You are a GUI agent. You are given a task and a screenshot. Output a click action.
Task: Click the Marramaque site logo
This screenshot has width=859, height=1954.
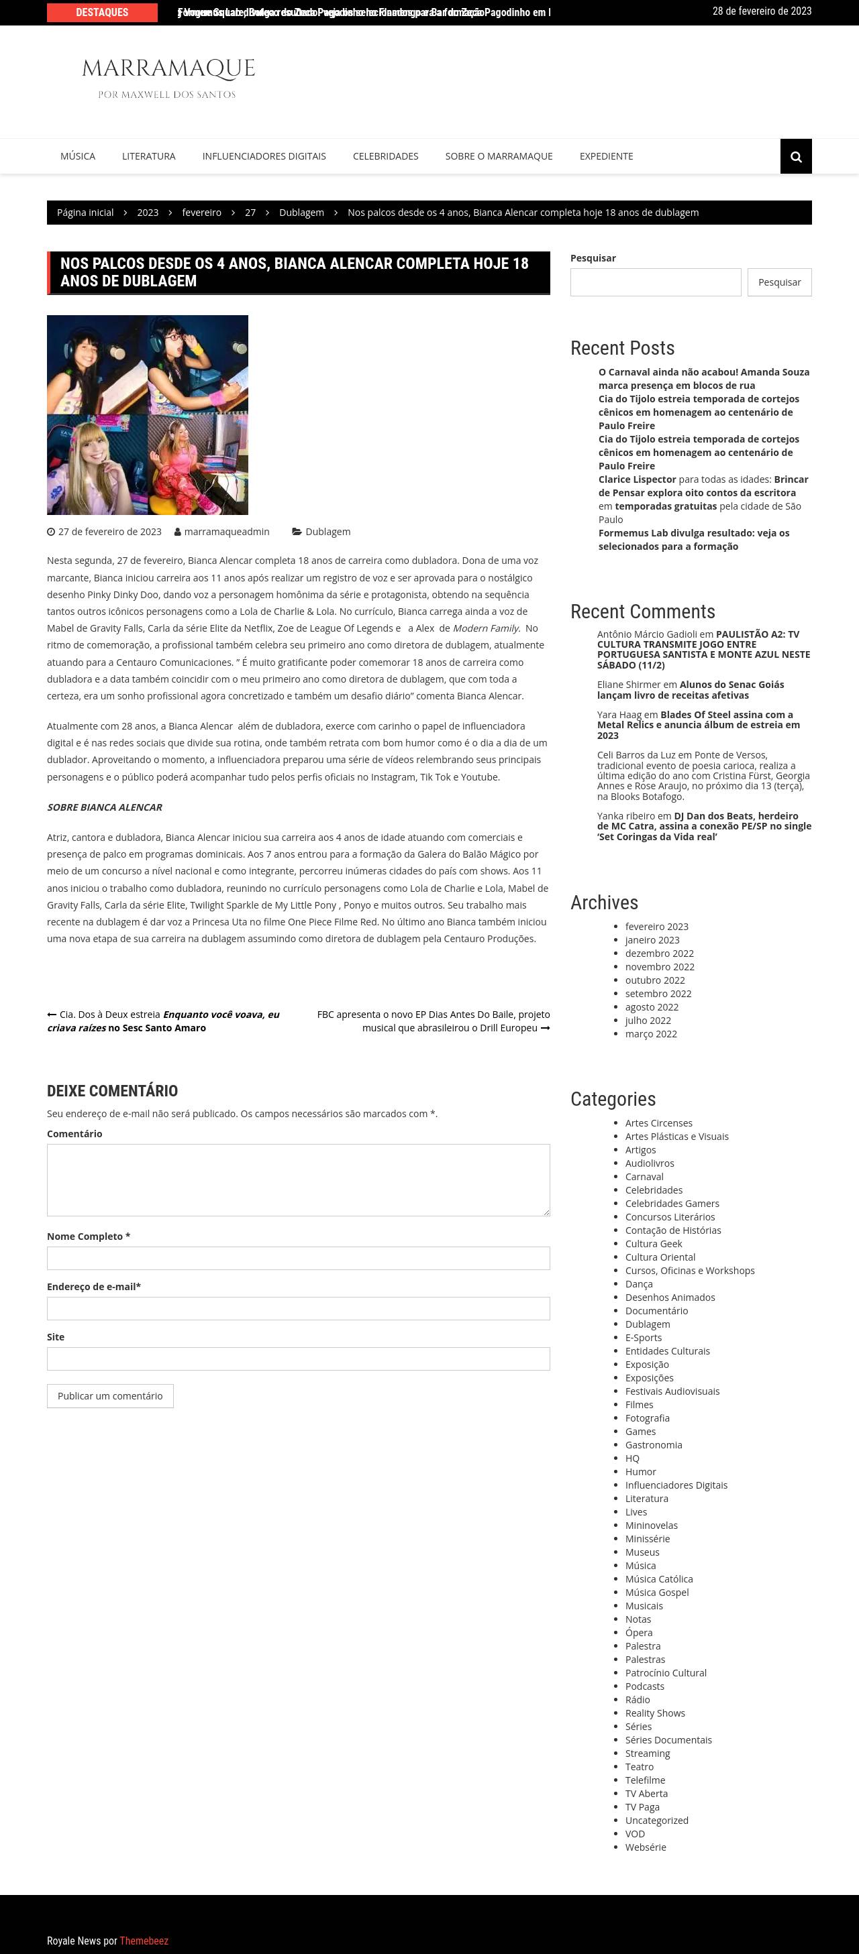[168, 77]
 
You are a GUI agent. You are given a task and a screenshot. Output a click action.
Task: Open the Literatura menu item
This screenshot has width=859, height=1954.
[149, 156]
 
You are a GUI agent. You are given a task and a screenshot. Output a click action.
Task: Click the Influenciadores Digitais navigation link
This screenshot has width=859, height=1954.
[264, 156]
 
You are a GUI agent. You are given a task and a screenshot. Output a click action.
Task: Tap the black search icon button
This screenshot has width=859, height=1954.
[795, 156]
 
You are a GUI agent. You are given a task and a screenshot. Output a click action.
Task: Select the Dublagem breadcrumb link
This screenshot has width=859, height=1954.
[301, 213]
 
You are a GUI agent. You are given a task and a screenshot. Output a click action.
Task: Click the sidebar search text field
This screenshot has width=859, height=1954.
[655, 282]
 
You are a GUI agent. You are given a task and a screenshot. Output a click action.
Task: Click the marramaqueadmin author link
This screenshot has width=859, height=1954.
[226, 532]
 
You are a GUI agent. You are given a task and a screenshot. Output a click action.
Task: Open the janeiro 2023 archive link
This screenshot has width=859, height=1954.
[652, 940]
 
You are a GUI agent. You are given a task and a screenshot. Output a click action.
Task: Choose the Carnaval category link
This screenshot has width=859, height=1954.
[644, 1177]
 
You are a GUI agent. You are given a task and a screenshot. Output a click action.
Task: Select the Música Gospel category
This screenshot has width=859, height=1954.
[656, 1592]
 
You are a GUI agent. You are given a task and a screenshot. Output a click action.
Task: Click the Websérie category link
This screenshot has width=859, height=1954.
[645, 1847]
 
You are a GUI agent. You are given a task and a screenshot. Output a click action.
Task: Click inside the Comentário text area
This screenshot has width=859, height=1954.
[298, 1180]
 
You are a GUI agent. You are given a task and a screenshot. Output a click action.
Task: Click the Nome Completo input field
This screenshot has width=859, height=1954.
[298, 1259]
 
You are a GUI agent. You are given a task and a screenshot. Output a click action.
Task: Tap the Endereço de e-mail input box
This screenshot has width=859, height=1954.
[298, 1308]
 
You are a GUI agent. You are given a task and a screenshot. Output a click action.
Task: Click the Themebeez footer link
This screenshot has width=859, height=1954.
[144, 1941]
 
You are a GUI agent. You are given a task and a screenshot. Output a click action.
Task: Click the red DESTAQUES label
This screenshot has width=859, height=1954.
[103, 12]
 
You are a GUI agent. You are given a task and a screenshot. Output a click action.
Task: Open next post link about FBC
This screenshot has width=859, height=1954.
[434, 1021]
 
